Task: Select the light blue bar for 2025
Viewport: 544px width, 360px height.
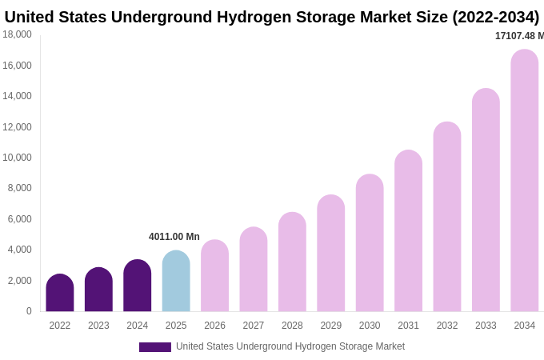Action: tap(176, 282)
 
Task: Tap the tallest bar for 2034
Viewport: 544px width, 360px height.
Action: tap(525, 181)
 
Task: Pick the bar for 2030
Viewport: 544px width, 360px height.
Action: tap(370, 243)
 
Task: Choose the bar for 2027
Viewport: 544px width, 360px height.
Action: tap(254, 270)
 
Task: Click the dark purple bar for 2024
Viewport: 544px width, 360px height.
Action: tap(138, 286)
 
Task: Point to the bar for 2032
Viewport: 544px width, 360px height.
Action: tap(447, 217)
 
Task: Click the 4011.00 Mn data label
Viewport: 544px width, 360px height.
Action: tap(174, 237)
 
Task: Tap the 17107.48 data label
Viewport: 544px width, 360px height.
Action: tap(519, 36)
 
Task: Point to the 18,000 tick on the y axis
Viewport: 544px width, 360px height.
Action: tap(17, 34)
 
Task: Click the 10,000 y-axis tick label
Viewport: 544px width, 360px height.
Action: tap(17, 158)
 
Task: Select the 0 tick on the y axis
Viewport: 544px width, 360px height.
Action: tap(29, 311)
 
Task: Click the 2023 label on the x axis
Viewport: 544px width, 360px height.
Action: tap(98, 326)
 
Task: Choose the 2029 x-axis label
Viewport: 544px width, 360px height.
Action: tap(331, 326)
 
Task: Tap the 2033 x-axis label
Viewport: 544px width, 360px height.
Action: tap(486, 326)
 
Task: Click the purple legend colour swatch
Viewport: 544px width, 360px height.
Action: tap(155, 347)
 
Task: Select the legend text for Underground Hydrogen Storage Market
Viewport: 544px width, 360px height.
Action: tap(290, 346)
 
